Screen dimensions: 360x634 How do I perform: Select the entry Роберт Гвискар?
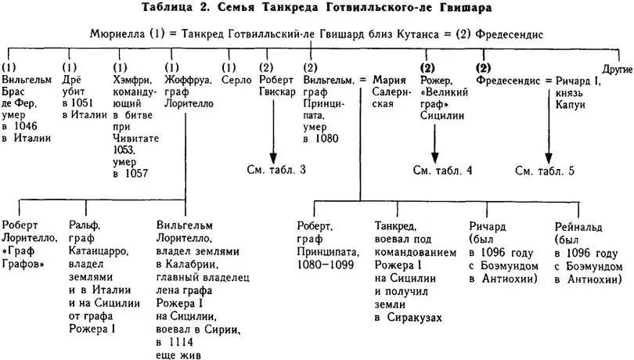click(x=276, y=86)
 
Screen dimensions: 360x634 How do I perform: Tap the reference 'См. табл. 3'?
click(x=276, y=170)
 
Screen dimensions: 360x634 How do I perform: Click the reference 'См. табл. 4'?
click(x=442, y=170)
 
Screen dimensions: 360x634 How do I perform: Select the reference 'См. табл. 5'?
click(x=546, y=170)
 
